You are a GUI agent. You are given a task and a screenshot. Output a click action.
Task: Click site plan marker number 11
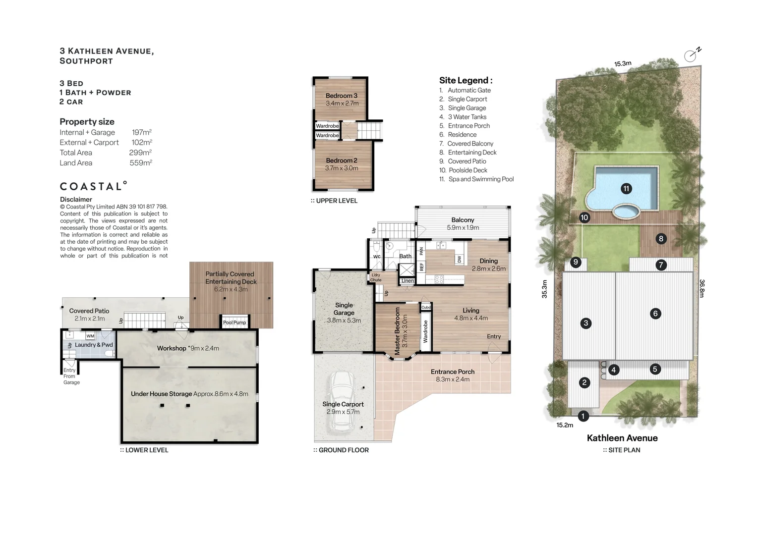(626, 188)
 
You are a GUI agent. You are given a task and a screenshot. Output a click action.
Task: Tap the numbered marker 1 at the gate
(583, 416)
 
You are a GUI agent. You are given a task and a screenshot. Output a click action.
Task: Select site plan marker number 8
(661, 239)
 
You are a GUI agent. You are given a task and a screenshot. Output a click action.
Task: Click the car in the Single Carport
(342, 402)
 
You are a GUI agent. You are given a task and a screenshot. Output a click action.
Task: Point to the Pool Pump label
(234, 322)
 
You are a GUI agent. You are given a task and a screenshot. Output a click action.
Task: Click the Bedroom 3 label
(342, 96)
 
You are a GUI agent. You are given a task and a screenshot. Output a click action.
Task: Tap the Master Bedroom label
(398, 331)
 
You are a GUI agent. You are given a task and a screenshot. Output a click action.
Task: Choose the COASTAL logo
(93, 186)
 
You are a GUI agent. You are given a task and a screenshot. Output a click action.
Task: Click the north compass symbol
(692, 54)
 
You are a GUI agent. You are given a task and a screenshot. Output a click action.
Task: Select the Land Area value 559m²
(141, 163)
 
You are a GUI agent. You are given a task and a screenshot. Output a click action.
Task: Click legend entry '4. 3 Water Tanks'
(463, 117)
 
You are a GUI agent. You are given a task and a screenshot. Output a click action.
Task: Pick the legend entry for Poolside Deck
(463, 170)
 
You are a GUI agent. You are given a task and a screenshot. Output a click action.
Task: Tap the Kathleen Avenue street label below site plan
(622, 438)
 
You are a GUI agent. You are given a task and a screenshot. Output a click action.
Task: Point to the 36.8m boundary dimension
(702, 288)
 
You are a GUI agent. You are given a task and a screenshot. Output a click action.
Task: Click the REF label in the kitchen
(421, 267)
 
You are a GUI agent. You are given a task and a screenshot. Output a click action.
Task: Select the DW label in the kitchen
(459, 259)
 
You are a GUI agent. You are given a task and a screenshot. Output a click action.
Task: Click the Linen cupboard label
(408, 281)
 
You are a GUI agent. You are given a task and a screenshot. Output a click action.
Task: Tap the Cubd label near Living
(426, 307)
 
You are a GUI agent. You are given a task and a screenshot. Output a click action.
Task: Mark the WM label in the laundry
(90, 336)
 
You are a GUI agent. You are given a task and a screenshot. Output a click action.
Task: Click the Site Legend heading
(466, 80)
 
